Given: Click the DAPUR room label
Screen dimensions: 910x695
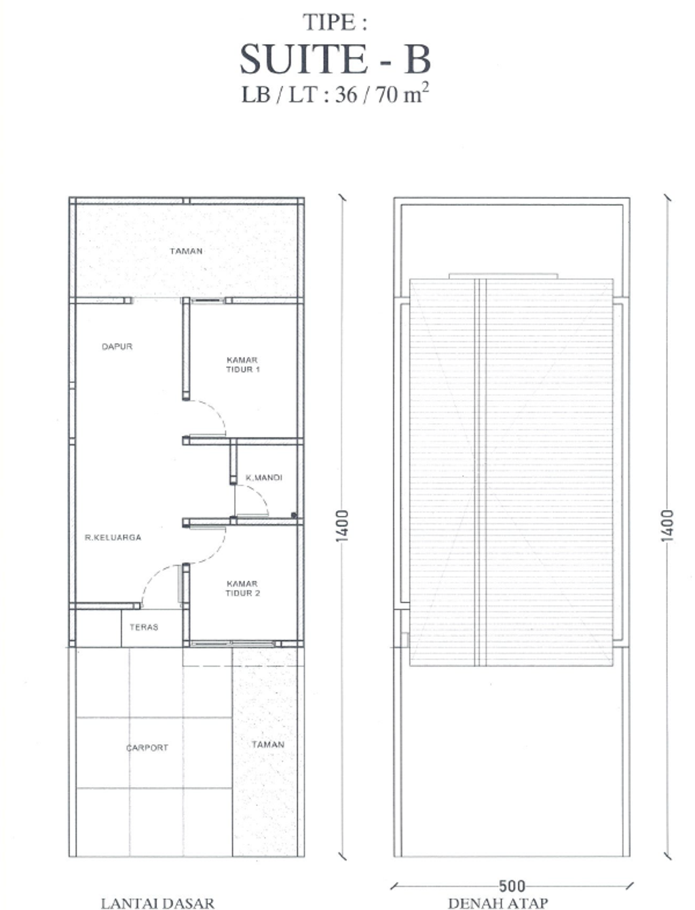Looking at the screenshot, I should tap(117, 346).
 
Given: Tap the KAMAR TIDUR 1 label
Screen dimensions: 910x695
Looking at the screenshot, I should tap(243, 365).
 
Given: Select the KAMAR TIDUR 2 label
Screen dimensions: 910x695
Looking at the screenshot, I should tap(242, 588).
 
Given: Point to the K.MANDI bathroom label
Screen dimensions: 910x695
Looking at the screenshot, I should tap(263, 477).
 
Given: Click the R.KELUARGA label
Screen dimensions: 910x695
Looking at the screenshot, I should tap(113, 537).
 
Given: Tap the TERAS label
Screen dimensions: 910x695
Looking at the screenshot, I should tap(144, 627).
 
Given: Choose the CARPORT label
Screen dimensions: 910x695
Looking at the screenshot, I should tap(147, 748).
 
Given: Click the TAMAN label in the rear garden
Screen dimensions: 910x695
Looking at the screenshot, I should tap(186, 251).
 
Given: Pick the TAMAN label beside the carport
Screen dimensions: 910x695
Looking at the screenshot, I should tap(267, 744).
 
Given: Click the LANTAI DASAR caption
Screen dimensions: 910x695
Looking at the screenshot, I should tap(157, 903).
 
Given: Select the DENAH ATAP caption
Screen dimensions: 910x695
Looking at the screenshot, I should tap(497, 903).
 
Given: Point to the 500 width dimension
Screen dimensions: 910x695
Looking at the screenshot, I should tap(512, 886).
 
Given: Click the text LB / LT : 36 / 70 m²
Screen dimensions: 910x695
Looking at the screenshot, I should tap(335, 94).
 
